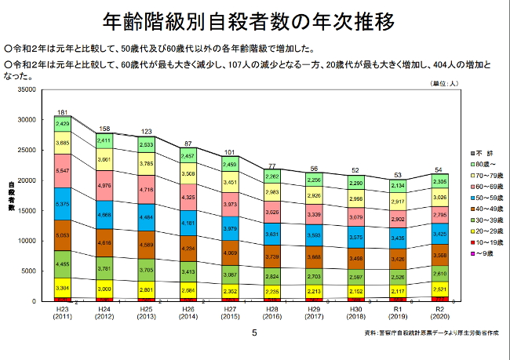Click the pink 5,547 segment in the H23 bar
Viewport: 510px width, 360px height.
pyautogui.click(x=63, y=170)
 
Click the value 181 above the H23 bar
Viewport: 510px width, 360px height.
pyautogui.click(x=63, y=112)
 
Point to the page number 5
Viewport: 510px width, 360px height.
pyautogui.click(x=253, y=332)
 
